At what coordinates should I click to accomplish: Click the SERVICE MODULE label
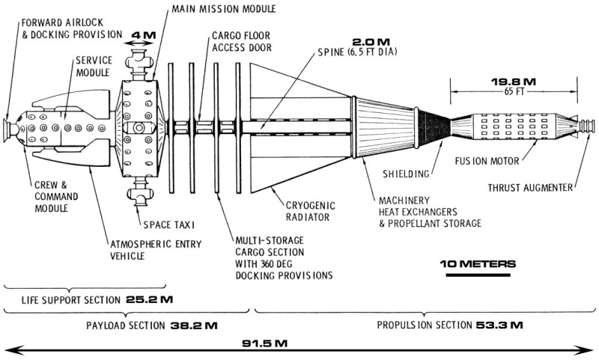[x=94, y=70]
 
